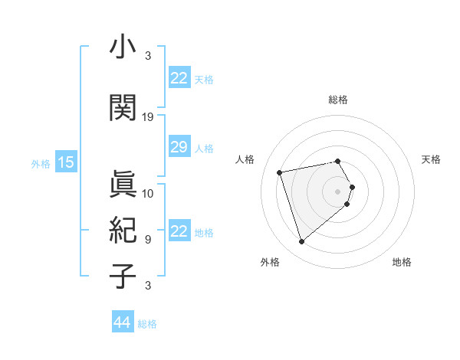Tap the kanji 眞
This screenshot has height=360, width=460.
(123, 184)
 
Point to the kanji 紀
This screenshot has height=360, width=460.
(123, 230)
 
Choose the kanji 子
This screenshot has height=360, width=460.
(123, 276)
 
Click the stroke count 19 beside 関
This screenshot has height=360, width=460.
(148, 117)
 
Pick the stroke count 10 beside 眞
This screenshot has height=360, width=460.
(148, 193)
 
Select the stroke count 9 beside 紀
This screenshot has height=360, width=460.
(148, 239)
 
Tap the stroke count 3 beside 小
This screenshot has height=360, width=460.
(148, 56)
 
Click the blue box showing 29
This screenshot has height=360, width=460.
(179, 147)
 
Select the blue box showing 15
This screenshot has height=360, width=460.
(65, 162)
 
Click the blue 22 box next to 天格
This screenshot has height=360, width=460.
(179, 78)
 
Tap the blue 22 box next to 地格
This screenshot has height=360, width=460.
(179, 231)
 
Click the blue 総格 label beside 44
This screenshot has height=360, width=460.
(147, 324)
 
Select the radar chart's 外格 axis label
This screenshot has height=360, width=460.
(270, 263)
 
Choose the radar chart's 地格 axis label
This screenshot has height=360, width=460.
(402, 263)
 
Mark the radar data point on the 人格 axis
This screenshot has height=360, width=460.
(280, 172)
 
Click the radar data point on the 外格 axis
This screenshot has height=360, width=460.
(301, 242)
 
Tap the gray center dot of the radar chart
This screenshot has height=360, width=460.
(337, 191)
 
